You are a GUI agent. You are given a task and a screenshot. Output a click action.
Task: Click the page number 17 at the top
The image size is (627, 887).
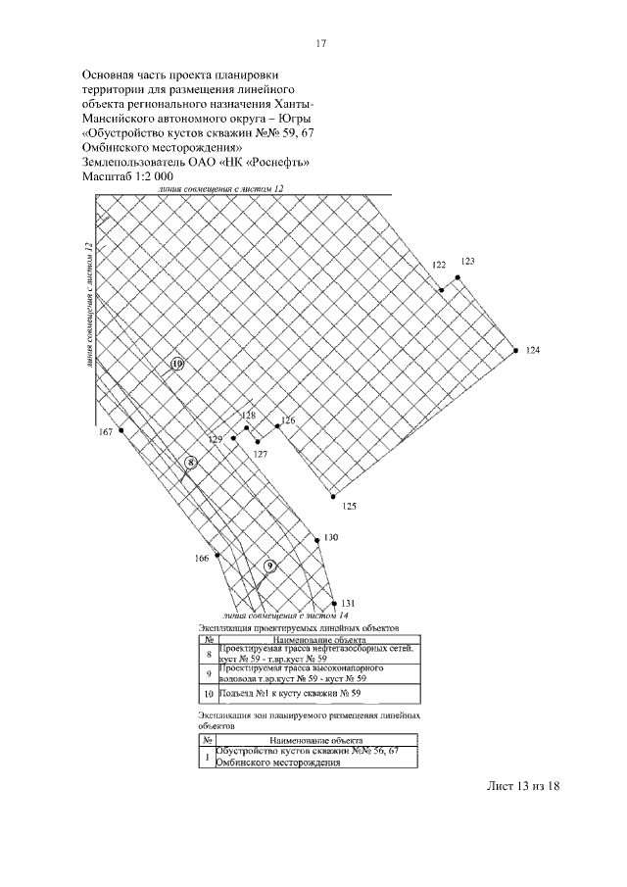click(x=320, y=43)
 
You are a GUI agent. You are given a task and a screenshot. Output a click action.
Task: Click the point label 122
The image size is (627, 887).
click(x=439, y=266)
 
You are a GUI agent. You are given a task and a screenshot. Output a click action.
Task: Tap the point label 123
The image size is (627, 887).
click(x=467, y=262)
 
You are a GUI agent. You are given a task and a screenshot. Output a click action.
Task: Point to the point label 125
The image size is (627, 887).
click(x=349, y=506)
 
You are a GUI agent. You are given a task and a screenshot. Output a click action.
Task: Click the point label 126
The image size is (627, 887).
click(x=287, y=420)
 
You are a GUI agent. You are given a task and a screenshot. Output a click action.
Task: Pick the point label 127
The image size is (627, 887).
click(x=261, y=455)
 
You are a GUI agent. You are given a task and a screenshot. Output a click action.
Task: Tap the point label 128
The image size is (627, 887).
click(x=249, y=416)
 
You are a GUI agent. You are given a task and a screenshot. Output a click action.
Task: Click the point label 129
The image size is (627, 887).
click(x=216, y=438)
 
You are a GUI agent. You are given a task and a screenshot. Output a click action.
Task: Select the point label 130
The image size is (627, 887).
click(x=331, y=537)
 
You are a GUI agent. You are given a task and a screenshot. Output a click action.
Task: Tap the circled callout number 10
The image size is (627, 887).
click(x=177, y=364)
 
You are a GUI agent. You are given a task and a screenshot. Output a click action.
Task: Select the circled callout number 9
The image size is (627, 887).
click(x=270, y=566)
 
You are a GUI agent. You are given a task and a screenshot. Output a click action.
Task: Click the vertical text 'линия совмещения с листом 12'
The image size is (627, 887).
click(x=89, y=303)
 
